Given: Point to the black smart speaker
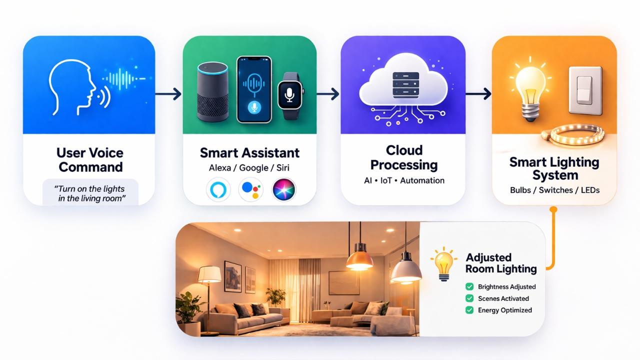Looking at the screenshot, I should [212, 91].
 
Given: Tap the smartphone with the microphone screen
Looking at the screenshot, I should [254, 89].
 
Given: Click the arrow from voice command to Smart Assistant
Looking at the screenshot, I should [168, 93].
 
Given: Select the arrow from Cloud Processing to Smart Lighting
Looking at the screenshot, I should [478, 93].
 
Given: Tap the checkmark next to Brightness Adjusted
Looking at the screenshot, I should [469, 286].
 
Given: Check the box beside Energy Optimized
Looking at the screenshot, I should [469, 310].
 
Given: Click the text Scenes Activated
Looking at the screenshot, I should [503, 298].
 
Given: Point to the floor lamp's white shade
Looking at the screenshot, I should [209, 274].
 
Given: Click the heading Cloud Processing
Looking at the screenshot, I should [404, 157].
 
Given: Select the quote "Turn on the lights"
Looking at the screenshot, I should [90, 189].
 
